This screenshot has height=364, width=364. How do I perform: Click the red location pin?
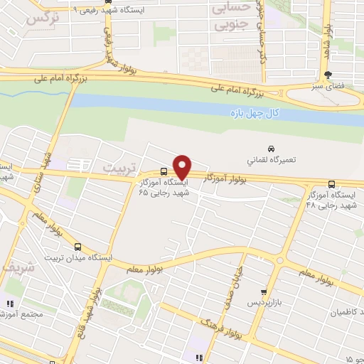(x=183, y=166)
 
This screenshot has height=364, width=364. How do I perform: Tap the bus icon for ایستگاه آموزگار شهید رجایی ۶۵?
(x=164, y=171)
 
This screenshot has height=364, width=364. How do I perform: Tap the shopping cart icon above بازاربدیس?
(x=264, y=291)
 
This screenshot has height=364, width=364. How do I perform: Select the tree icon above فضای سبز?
(x=328, y=75)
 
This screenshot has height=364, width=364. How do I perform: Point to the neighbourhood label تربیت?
(x=117, y=167)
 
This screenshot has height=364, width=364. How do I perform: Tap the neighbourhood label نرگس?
(x=41, y=18)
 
